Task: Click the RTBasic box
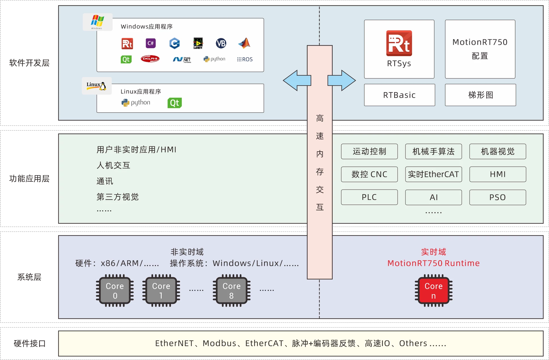(399, 95)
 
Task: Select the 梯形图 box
(480, 95)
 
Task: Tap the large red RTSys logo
(399, 43)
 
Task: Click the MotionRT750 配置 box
(480, 49)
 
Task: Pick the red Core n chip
(433, 291)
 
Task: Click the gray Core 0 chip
(115, 291)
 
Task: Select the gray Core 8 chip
(231, 291)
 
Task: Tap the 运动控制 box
(369, 152)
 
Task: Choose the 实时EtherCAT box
(433, 174)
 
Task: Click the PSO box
(497, 197)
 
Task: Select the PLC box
(369, 197)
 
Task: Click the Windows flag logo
(97, 22)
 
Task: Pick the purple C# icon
(151, 43)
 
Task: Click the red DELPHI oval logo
(150, 59)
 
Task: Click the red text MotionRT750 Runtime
(433, 263)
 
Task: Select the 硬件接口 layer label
(29, 344)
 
